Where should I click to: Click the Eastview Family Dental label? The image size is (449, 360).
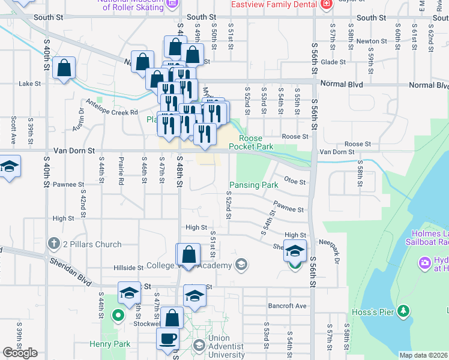tap(273, 4)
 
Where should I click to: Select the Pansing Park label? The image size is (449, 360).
tap(254, 185)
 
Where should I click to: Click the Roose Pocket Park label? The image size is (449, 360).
tap(256, 142)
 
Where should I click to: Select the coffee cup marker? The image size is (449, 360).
tap(168, 338)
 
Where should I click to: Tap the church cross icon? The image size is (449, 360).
tap(53, 244)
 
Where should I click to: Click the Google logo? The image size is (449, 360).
tap(20, 353)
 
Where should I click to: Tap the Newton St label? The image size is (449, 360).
tap(367, 41)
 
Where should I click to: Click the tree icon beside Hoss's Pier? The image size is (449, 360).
tap(405, 310)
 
